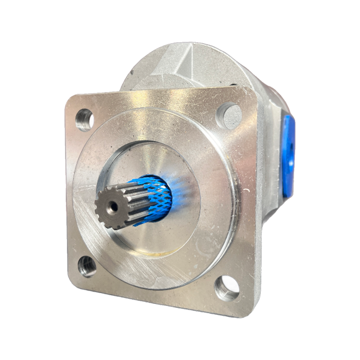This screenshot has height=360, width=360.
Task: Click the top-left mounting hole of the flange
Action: (84, 119)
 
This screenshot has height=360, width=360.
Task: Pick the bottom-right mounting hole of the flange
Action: (227, 287)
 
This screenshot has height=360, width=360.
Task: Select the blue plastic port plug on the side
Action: (288, 154)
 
